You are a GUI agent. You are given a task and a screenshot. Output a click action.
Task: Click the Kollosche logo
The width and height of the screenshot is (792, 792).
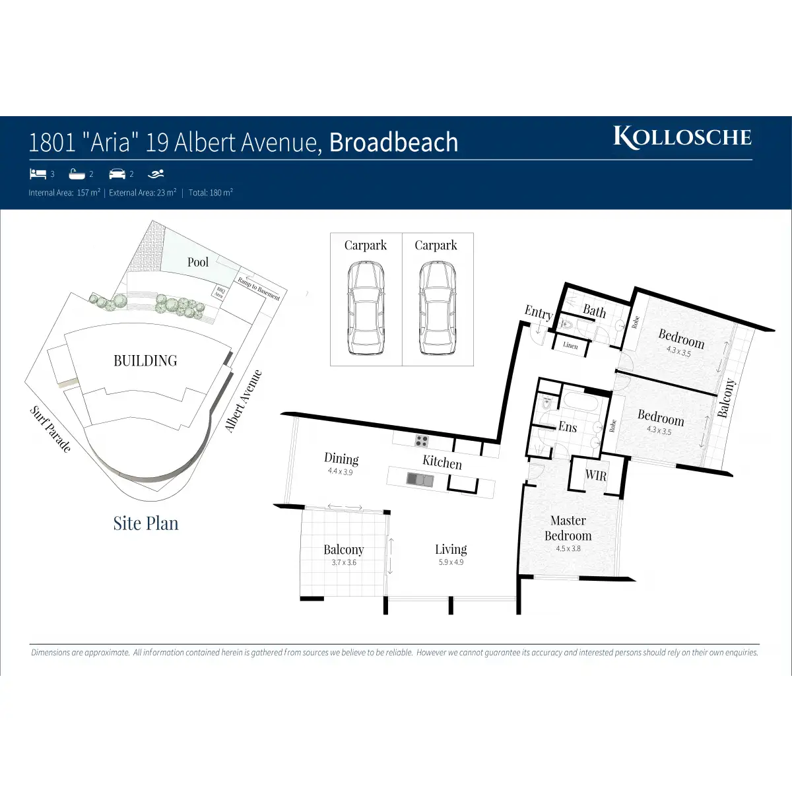(682, 137)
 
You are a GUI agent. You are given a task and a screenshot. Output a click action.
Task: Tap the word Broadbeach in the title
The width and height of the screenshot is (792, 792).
(393, 143)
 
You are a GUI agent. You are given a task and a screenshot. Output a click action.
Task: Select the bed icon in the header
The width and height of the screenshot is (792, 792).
(38, 174)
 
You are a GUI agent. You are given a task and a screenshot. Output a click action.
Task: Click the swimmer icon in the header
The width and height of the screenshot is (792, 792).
(156, 174)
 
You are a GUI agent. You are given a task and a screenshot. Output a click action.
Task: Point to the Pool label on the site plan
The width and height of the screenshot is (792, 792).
(197, 262)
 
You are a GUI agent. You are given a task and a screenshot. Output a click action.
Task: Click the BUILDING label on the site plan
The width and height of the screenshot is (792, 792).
(145, 360)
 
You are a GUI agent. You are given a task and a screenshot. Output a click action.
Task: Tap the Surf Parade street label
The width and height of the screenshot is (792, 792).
(50, 429)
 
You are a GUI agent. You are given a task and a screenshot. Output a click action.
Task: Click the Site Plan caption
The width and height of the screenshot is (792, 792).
(145, 523)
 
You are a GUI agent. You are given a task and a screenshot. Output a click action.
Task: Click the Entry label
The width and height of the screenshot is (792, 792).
(538, 312)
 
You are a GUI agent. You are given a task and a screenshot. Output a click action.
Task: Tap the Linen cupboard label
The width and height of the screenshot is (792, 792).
(570, 345)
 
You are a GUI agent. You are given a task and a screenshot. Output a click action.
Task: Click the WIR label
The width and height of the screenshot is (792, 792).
(595, 475)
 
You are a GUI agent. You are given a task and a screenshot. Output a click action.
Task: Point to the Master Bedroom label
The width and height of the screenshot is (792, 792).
(568, 528)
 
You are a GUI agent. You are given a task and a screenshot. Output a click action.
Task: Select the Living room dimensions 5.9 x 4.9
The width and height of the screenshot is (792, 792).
(451, 562)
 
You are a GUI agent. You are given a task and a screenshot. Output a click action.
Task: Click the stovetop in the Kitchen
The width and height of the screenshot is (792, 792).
(421, 440)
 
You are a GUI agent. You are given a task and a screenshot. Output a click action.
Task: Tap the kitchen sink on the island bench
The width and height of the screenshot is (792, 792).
(419, 479)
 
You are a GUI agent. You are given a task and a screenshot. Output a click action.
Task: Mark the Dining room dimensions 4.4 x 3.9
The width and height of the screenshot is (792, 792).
(341, 472)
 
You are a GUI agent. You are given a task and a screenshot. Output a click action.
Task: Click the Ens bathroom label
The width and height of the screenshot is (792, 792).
(568, 427)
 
